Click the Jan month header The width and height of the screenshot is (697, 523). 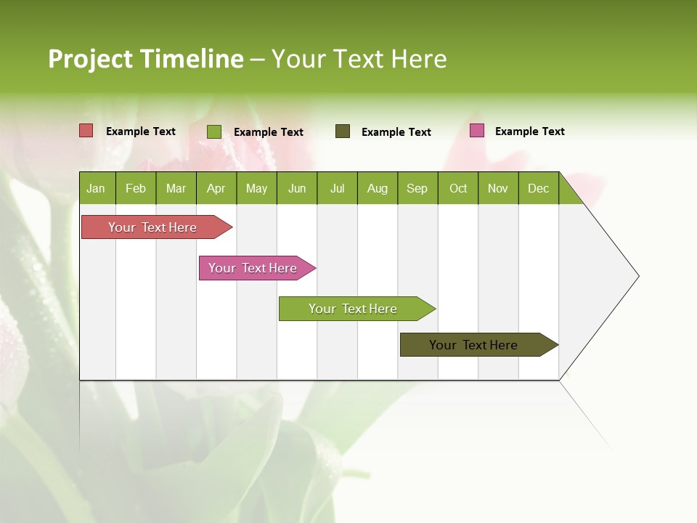[96, 188]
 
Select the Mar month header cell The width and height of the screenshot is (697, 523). [176, 188]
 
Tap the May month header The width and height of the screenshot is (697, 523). [256, 188]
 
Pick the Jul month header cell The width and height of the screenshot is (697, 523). [337, 188]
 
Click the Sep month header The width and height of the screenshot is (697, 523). [417, 188]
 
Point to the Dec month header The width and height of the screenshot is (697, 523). [538, 188]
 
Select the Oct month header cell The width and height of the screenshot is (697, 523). [458, 188]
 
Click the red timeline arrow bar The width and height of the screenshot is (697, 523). [152, 227]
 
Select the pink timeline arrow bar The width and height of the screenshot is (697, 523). [253, 268]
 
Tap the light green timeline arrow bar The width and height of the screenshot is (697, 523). [353, 309]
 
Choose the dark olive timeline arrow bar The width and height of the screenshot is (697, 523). [473, 345]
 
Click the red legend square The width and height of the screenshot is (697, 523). [86, 131]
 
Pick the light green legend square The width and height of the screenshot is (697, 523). [214, 131]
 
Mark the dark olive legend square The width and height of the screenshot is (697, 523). [343, 131]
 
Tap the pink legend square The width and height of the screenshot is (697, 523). [477, 131]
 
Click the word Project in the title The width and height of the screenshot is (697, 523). [90, 59]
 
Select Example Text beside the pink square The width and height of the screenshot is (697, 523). [529, 131]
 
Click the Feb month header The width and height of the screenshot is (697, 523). [136, 188]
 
